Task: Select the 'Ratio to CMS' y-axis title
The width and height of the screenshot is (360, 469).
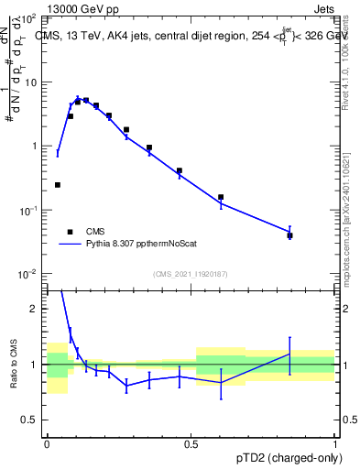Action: (x=13, y=365)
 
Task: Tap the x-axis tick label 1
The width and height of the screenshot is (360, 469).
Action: (x=334, y=442)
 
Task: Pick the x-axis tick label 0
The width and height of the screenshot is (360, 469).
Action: (x=47, y=442)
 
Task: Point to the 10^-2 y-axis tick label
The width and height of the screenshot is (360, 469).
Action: (x=27, y=274)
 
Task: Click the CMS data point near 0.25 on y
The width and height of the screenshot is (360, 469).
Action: (x=58, y=185)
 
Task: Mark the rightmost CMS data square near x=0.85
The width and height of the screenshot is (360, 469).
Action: (x=289, y=235)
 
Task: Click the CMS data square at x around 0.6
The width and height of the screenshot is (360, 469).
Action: (x=221, y=197)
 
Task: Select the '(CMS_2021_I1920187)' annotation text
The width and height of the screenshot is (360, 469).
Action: (x=191, y=274)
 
